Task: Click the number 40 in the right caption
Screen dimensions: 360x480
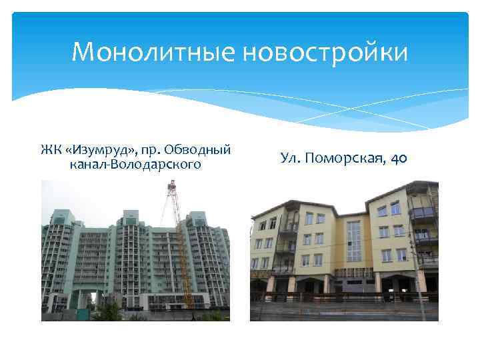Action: coord(399,158)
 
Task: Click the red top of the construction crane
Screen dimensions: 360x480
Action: coord(172,185)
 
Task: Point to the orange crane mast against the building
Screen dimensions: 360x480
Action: coord(182,253)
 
